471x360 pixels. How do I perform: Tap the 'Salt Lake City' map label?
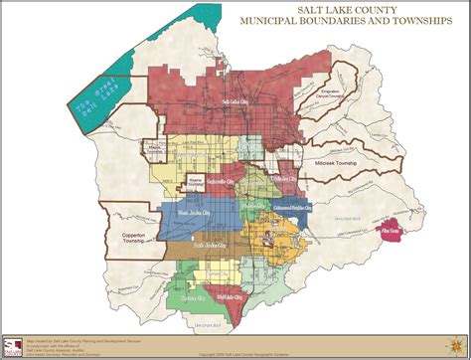[x=238, y=102]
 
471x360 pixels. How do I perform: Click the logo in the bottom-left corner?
[x=13, y=346]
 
